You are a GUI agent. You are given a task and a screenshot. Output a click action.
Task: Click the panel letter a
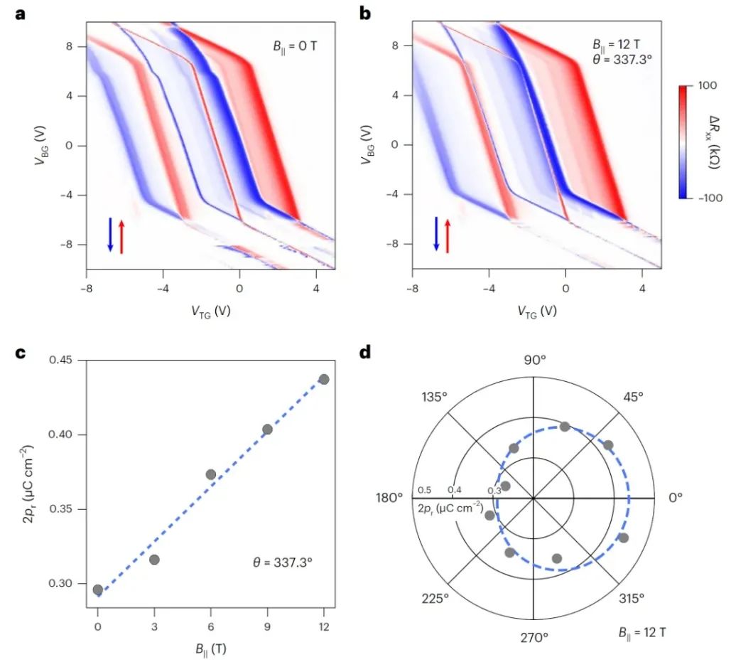pos(21,13)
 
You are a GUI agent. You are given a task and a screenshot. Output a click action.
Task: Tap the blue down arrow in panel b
pos(436,235)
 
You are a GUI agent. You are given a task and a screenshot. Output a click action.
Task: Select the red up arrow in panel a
pos(121,236)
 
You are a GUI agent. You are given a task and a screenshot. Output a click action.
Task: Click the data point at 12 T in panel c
pos(324,379)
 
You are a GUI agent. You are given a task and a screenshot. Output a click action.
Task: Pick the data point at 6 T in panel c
pos(211,474)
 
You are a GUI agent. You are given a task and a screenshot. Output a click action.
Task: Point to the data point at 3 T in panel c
pos(154,560)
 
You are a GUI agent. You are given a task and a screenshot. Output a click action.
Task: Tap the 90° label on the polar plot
pos(534,360)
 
